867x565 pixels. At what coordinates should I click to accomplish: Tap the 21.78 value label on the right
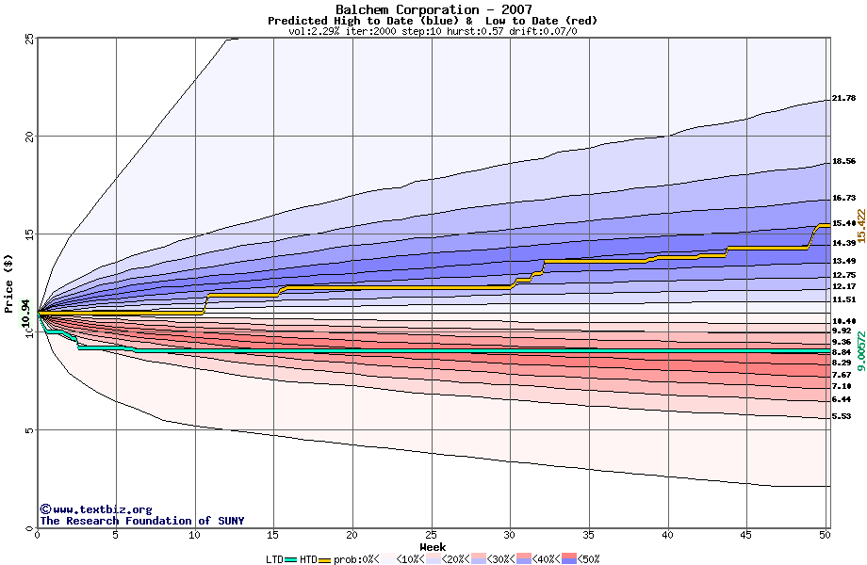tap(843, 98)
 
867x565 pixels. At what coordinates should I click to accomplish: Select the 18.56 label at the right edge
tap(843, 162)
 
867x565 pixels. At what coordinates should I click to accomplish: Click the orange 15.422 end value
tap(859, 227)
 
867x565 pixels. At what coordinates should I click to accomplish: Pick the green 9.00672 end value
tap(859, 346)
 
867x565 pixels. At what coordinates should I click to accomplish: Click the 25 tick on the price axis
tap(29, 39)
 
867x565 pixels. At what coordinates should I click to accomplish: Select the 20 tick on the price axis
tap(29, 137)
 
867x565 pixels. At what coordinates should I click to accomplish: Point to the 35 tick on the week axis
tap(589, 535)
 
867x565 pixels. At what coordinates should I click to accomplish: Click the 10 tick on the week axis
tap(195, 535)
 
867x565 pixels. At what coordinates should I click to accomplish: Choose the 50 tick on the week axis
tap(825, 535)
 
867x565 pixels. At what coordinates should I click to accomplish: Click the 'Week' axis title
tap(433, 546)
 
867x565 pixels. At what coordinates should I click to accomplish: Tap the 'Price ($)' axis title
tap(8, 283)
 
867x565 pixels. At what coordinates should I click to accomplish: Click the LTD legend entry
tap(277, 559)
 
